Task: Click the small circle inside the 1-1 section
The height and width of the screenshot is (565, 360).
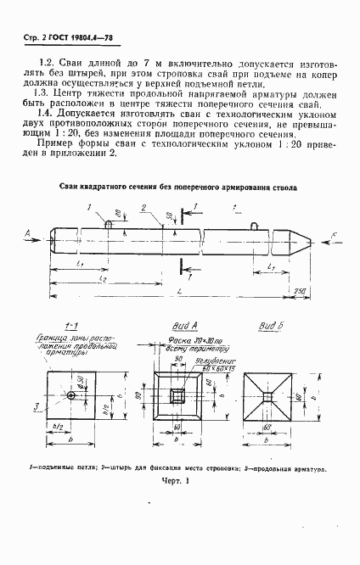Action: coord(72,395)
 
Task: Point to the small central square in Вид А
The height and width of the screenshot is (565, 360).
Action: coord(177,396)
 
